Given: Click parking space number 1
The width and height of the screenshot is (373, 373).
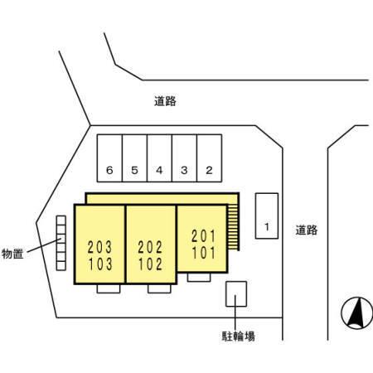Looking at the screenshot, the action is tap(267, 216).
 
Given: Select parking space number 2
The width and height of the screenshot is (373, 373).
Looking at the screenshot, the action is tap(209, 158).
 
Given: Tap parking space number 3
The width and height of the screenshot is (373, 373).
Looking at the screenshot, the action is tap(184, 158).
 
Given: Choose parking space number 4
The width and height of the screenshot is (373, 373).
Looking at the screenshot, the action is tap(159, 158).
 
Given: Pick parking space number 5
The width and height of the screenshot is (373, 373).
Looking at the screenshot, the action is tap(134, 158).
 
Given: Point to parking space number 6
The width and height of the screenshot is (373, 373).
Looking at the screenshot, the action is tap(109, 158).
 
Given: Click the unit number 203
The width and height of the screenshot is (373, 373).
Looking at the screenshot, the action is tap(99, 247).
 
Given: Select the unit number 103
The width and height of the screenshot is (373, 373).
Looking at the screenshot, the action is tap(100, 264).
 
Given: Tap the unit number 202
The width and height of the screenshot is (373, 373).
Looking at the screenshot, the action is tap(150, 247).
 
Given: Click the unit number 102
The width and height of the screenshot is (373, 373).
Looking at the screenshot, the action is tap(151, 264).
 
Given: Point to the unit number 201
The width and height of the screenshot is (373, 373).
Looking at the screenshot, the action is tap(203, 236).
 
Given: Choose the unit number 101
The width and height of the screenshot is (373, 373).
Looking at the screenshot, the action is tap(204, 253).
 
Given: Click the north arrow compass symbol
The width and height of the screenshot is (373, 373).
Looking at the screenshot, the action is tap(356, 313).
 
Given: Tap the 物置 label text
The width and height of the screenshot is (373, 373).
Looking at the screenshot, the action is tap(12, 254).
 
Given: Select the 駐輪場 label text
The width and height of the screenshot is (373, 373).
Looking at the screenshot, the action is tap(238, 337).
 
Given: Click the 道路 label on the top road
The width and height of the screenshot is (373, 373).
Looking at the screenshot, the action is tap(165, 101).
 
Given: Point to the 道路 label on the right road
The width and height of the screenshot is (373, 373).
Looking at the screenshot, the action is tap(307, 230).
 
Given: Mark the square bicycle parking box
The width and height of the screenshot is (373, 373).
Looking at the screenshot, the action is tap(236, 294).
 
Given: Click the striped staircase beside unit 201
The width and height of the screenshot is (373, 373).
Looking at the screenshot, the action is tap(234, 227).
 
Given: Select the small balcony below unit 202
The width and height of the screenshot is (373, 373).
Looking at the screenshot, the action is tap(159, 288).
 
